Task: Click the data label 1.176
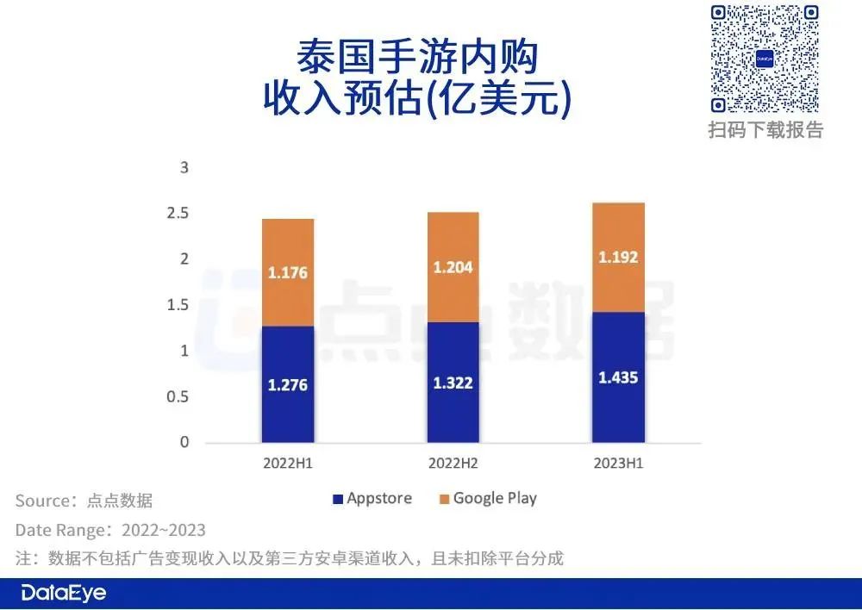[x=287, y=273]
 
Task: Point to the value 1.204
[x=453, y=267]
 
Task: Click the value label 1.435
[x=617, y=377]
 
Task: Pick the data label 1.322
[x=453, y=383]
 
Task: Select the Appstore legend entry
[x=372, y=498]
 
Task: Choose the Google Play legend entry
[x=487, y=498]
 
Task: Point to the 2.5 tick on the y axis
[x=178, y=213]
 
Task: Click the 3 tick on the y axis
[x=183, y=167]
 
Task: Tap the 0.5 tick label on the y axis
[x=178, y=396]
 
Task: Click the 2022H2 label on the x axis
[x=453, y=464]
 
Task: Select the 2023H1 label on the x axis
[x=617, y=464]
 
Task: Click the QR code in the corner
[x=765, y=59]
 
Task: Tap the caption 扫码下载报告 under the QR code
[x=765, y=130]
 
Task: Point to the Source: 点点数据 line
[x=84, y=501]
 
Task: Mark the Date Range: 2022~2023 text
[x=110, y=529]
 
